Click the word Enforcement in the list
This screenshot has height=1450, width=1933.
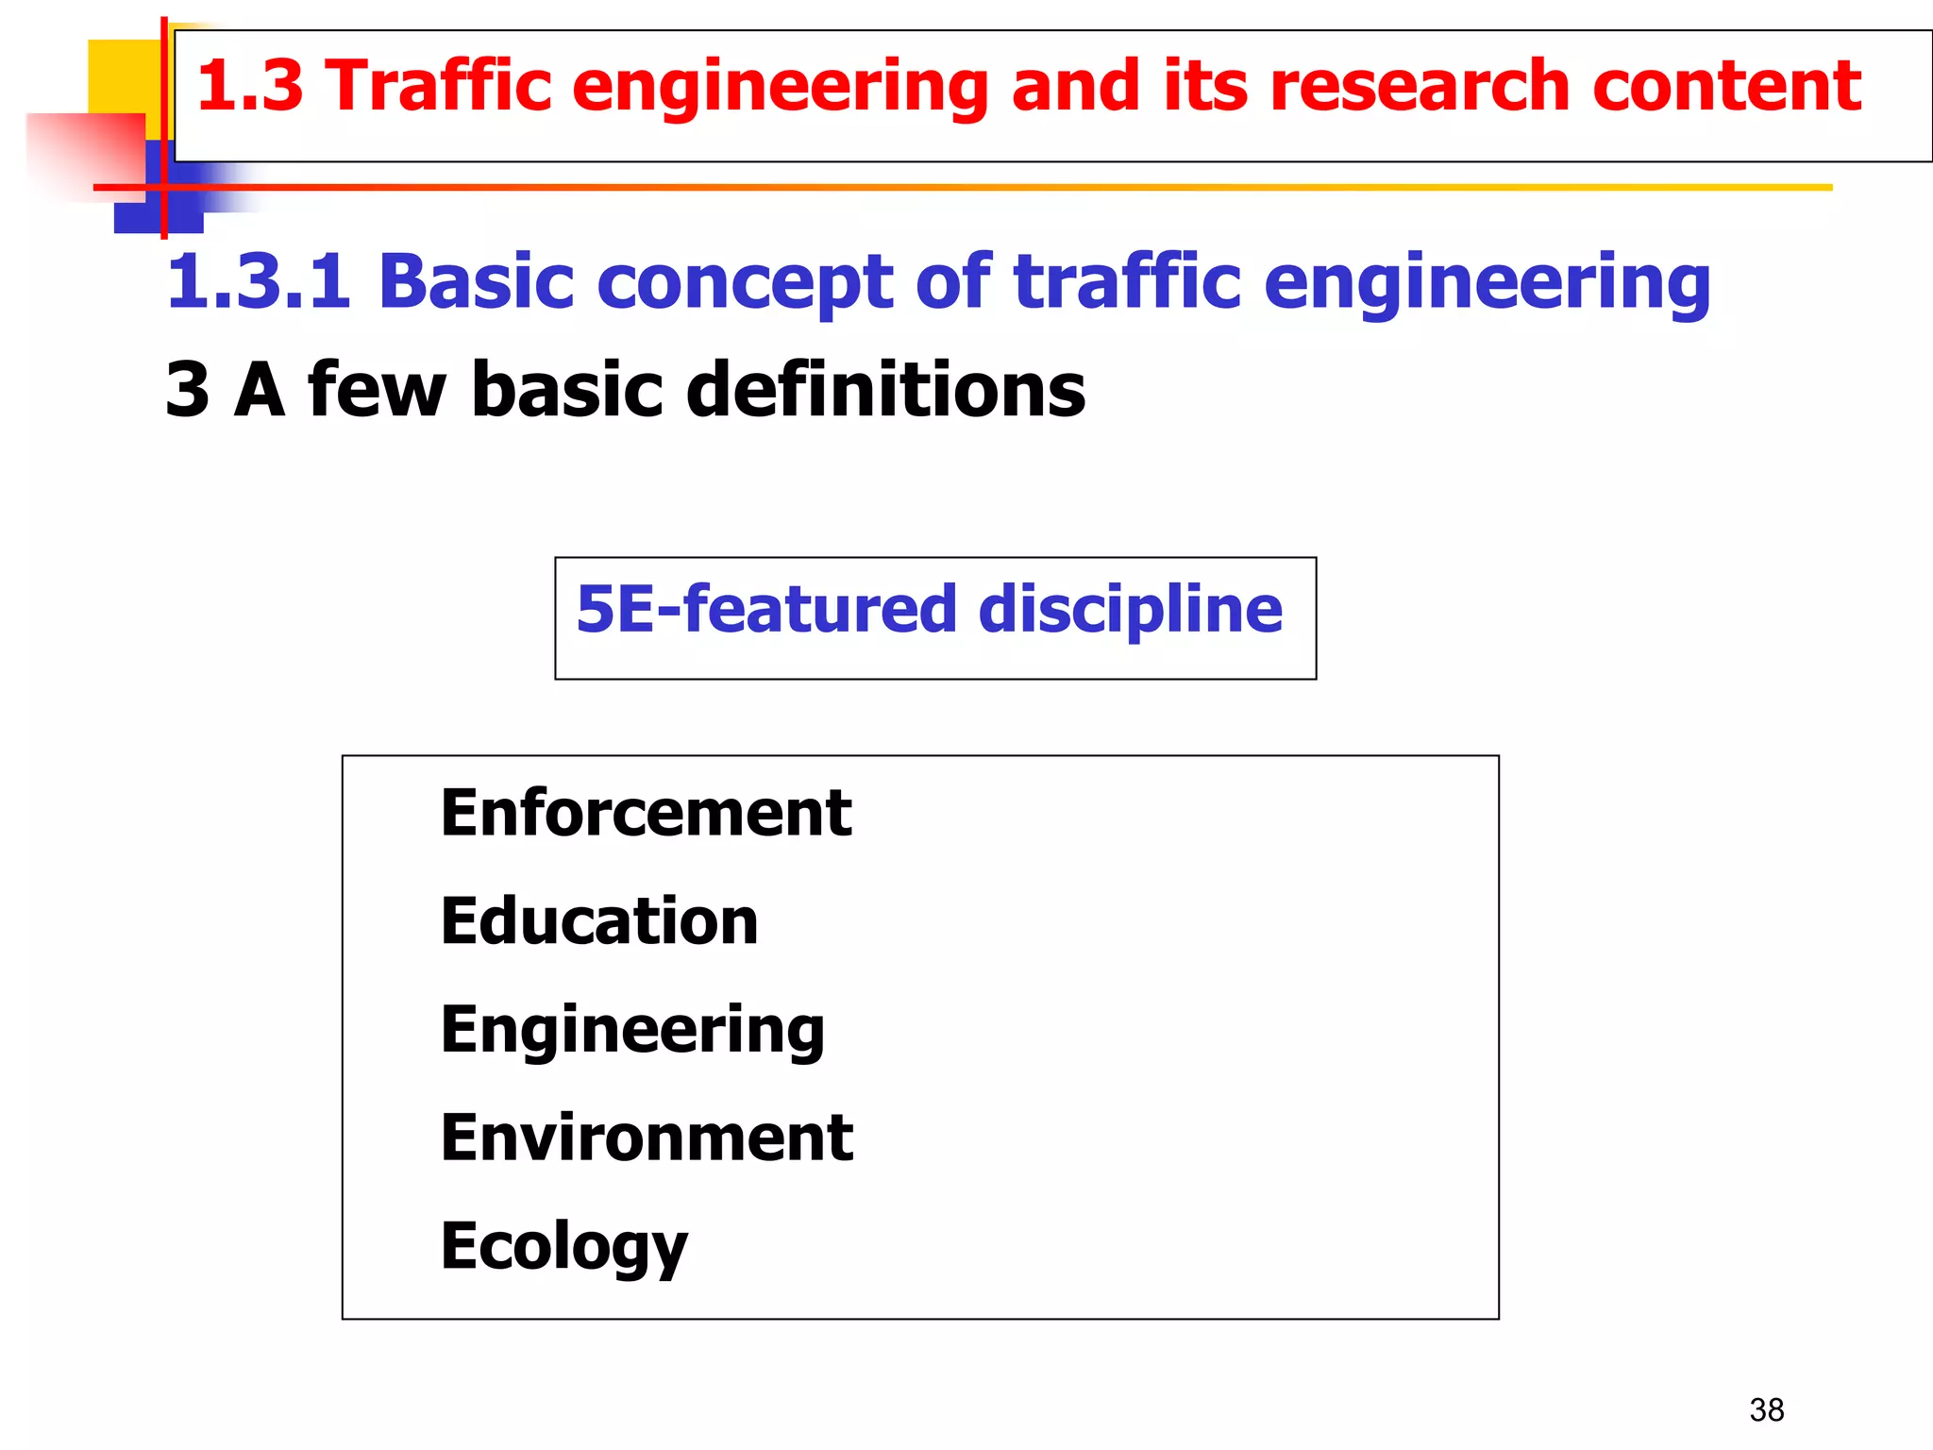pyautogui.click(x=646, y=813)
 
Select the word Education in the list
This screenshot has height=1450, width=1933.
pyautogui.click(x=599, y=921)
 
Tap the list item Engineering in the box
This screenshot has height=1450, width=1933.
pyautogui.click(x=632, y=1030)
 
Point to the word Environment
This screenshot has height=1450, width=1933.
pyautogui.click(x=647, y=1138)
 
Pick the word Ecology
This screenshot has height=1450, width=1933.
pyautogui.click(x=563, y=1246)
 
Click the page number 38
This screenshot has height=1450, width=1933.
pyautogui.click(x=1766, y=1409)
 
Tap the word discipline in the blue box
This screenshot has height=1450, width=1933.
pyautogui.click(x=1130, y=609)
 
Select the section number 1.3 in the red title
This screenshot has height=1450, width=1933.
pyautogui.click(x=249, y=86)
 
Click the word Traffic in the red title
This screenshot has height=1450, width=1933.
pyautogui.click(x=440, y=86)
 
